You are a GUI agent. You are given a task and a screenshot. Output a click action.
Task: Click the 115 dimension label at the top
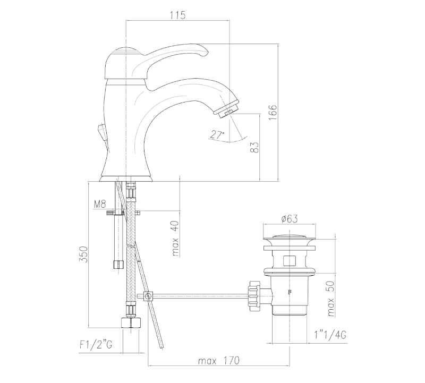(x=178, y=15)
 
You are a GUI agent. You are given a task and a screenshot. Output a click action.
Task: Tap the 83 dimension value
(x=255, y=148)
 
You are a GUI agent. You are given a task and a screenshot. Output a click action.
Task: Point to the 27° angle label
(x=217, y=134)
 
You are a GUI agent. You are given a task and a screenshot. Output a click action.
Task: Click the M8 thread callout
(x=100, y=204)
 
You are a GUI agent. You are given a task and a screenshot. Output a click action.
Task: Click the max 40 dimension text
(x=175, y=239)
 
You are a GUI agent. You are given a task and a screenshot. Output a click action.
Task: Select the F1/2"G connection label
(x=96, y=345)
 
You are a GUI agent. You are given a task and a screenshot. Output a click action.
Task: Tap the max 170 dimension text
(x=219, y=361)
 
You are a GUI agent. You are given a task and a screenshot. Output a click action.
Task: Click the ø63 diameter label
(x=290, y=218)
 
